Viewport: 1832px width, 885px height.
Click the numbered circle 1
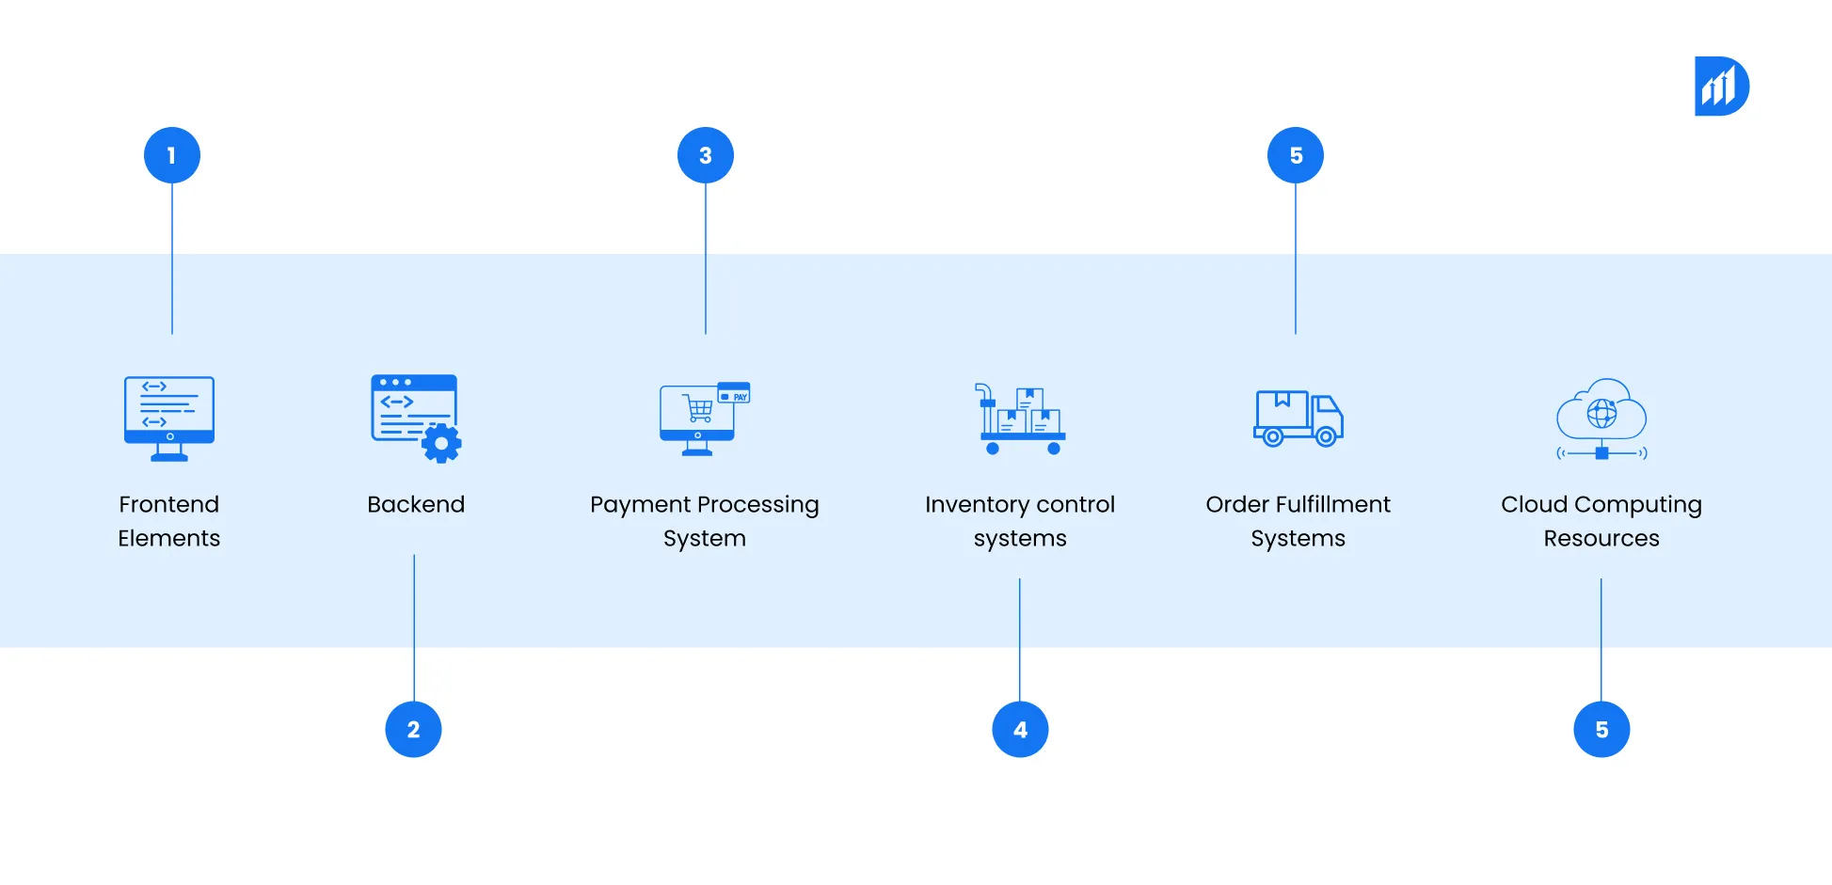tap(171, 155)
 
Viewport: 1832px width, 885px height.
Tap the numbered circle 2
tap(413, 729)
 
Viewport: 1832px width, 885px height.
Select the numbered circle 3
tap(705, 155)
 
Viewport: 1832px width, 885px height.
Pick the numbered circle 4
tap(1020, 729)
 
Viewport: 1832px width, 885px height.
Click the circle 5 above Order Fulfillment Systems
tap(1295, 155)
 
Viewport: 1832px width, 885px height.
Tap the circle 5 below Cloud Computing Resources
tap(1601, 729)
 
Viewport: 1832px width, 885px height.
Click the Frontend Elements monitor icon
tap(169, 418)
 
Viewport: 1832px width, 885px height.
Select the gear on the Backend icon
tap(441, 443)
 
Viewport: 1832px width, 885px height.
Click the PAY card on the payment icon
tap(734, 392)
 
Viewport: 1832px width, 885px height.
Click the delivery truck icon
tap(1298, 419)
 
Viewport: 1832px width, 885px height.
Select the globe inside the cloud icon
tap(1601, 413)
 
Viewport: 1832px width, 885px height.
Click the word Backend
tap(416, 504)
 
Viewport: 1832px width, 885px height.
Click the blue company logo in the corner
tap(1721, 87)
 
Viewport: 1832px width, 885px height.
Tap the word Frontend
tap(169, 504)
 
